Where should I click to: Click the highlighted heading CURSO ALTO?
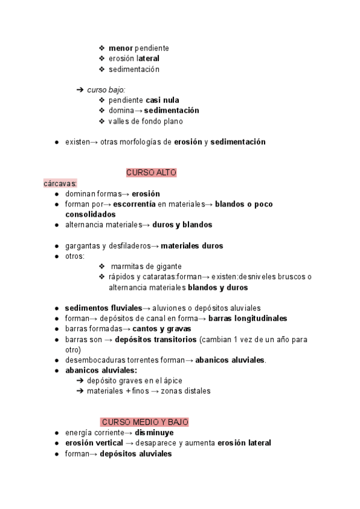[x=151, y=172]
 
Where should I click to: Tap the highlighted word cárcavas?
[x=60, y=183]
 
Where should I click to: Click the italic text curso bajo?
[x=106, y=89]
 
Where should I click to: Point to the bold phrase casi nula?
[x=162, y=100]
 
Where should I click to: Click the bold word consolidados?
[x=90, y=214]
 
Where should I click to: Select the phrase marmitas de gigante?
[x=146, y=266]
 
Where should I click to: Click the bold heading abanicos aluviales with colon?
[x=93, y=370]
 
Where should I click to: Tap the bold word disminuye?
[x=154, y=432]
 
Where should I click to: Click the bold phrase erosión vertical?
[x=94, y=443]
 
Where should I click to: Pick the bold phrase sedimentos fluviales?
[x=103, y=308]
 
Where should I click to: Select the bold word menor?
[x=121, y=48]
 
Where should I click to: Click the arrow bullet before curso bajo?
[x=80, y=89]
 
